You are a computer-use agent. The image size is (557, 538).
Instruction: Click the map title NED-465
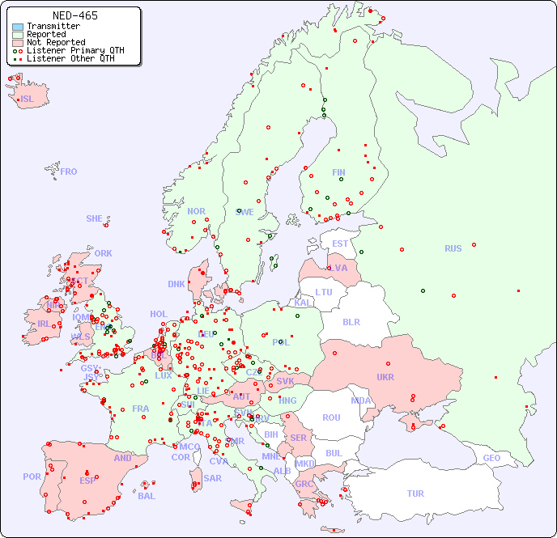(74, 15)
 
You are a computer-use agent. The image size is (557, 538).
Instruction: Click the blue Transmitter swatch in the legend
(18, 27)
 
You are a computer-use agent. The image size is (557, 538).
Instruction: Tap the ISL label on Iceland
(28, 100)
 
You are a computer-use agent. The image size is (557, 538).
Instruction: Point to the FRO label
(69, 172)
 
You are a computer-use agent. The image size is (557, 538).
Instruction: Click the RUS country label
(453, 249)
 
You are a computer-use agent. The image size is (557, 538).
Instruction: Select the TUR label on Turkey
(415, 494)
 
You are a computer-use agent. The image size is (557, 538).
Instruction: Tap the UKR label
(385, 377)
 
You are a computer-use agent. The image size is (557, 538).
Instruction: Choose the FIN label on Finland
(338, 172)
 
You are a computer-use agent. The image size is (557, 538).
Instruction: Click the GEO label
(491, 458)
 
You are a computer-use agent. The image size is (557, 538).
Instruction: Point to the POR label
(32, 477)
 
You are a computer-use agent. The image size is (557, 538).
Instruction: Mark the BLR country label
(351, 322)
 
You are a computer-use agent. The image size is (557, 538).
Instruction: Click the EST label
(340, 244)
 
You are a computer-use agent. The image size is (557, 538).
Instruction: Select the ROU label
(331, 418)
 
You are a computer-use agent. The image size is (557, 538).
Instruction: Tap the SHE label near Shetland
(95, 218)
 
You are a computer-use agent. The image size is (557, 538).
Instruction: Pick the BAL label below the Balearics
(146, 496)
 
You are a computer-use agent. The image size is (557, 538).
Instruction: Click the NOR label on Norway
(196, 211)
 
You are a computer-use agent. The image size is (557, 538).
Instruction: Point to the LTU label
(324, 292)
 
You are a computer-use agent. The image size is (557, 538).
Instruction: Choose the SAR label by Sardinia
(213, 478)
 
